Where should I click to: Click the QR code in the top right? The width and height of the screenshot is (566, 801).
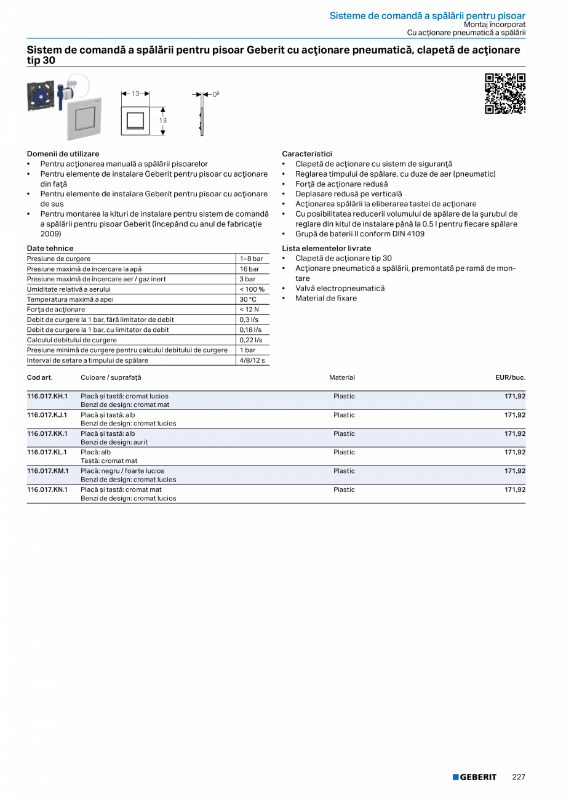(505, 94)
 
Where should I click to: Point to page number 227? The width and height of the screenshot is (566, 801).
(519, 777)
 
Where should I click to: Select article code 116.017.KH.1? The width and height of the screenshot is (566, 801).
(47, 396)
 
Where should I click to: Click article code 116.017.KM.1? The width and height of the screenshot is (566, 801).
(48, 471)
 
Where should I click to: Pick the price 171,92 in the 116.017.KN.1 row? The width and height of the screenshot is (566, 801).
(515, 489)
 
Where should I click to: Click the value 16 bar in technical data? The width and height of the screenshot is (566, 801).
(249, 269)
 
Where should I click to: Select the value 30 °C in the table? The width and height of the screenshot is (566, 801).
(248, 299)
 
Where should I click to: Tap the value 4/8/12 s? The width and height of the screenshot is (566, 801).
(252, 360)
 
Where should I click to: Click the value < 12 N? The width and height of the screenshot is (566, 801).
(249, 309)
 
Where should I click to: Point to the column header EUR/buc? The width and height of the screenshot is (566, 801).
(510, 377)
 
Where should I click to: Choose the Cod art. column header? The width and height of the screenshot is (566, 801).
(40, 377)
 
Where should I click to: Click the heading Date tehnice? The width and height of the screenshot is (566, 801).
(50, 248)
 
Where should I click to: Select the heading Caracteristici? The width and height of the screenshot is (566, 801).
(307, 153)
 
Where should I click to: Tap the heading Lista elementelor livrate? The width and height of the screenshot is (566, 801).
(326, 248)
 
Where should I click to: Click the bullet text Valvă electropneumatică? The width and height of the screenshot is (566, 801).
(340, 288)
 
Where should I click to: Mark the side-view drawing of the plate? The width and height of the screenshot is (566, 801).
(201, 121)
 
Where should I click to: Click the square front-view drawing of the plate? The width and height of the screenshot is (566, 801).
(135, 120)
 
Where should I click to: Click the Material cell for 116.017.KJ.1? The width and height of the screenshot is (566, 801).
(344, 415)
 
